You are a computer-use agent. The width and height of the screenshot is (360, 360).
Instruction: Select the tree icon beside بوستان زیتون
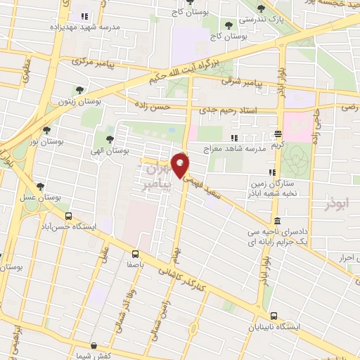[79, 90]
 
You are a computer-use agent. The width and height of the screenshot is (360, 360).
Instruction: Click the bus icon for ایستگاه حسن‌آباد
[68, 217]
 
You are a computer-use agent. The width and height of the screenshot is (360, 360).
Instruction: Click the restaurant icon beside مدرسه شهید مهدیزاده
[85, 15]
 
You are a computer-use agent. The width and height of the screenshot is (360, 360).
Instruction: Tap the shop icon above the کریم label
[278, 134]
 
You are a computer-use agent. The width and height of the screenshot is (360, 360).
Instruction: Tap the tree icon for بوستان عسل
[40, 187]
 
